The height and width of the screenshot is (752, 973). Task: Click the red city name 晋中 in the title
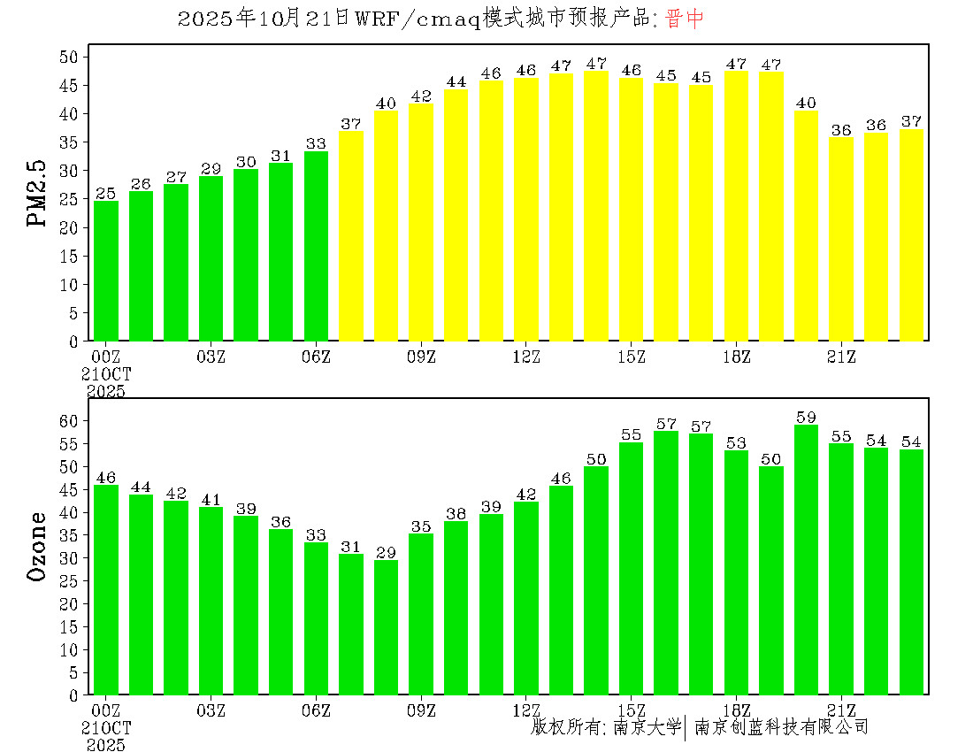coord(685,19)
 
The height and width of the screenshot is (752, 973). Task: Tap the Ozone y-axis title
coord(38,546)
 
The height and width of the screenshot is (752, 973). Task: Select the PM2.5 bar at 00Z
coord(106,271)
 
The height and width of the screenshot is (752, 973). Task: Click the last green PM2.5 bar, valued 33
coord(316,246)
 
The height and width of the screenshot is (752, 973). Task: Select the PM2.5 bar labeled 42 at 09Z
coord(421,222)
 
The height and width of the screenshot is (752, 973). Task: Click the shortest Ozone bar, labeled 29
coord(386,627)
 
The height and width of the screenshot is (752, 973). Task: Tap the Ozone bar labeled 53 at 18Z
coord(736,572)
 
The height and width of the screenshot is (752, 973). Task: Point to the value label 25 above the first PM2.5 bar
coord(106,194)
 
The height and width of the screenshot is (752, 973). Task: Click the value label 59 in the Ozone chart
coord(806,418)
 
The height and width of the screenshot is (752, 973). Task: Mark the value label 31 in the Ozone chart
coord(351,547)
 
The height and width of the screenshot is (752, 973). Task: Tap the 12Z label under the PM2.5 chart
coord(526,357)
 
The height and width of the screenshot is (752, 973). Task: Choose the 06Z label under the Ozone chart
coord(316,710)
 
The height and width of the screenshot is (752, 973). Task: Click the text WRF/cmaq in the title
coord(416,19)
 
